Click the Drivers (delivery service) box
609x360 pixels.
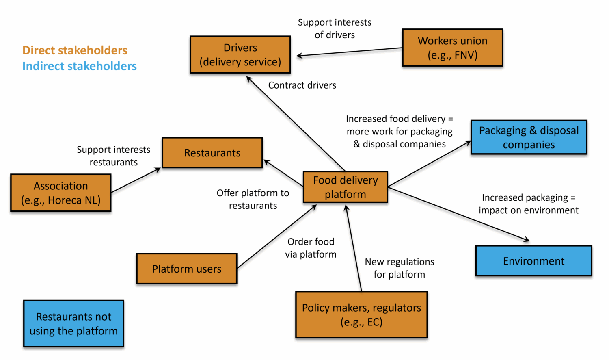tap(240, 55)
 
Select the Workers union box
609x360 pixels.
tap(452, 48)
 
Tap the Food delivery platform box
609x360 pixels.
tap(346, 187)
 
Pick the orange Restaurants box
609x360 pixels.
tap(212, 153)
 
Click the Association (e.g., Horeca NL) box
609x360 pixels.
tap(61, 193)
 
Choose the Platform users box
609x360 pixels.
tap(187, 269)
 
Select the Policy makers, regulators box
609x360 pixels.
tap(361, 314)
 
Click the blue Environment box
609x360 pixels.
tap(533, 261)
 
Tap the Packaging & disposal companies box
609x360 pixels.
tap(529, 137)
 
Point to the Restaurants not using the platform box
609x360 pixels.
tap(73, 323)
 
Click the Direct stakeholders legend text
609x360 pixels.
tap(75, 50)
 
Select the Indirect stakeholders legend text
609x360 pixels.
tap(80, 66)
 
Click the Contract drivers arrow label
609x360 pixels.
tap(302, 85)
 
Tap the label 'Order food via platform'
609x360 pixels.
tap(311, 248)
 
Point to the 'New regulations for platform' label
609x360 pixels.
tap(399, 268)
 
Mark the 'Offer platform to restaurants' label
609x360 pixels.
tap(253, 199)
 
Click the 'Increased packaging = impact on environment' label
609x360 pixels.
tap(528, 204)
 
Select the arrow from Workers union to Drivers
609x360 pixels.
tap(349, 52)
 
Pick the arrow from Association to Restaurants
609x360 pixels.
tap(136, 180)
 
